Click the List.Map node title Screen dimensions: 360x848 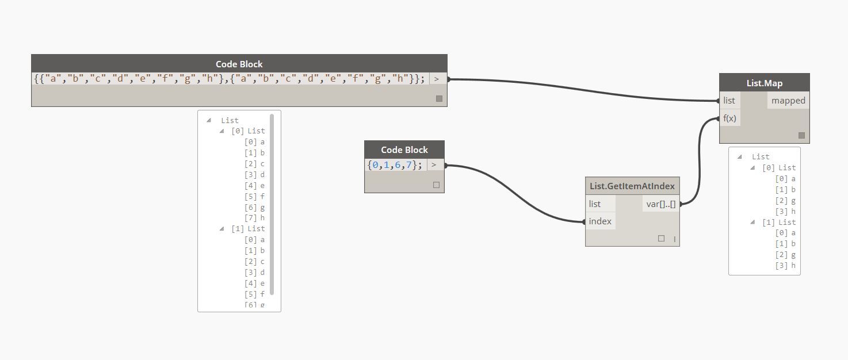[764, 83]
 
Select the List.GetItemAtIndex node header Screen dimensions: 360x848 [632, 186]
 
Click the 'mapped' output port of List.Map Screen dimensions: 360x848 [788, 101]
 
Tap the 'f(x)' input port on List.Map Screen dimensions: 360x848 [729, 118]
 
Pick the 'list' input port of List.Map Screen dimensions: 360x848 [729, 101]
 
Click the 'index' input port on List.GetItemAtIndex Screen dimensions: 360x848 [600, 221]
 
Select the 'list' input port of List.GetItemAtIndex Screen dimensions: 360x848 [595, 204]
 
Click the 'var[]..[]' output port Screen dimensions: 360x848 [661, 204]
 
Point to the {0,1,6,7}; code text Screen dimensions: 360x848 [395, 165]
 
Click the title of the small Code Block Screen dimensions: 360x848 [404, 150]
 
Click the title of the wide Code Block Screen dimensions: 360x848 [239, 64]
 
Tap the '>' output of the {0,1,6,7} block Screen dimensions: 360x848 [434, 165]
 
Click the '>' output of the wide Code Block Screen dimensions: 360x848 [437, 79]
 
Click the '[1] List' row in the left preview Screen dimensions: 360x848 [247, 228]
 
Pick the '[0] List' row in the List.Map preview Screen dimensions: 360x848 [778, 168]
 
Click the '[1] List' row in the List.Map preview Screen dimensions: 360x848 [778, 222]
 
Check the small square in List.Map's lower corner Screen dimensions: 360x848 [801, 136]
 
